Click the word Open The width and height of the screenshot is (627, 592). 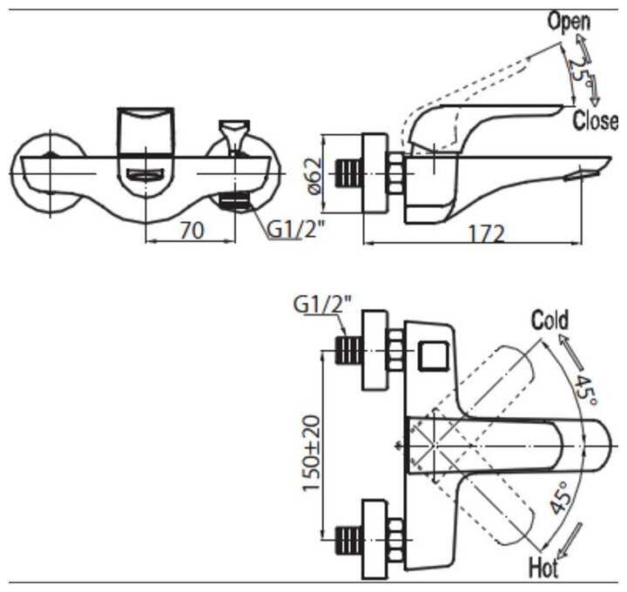tap(569, 22)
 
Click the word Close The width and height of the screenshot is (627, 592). tap(596, 121)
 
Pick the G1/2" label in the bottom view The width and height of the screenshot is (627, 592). tap(323, 305)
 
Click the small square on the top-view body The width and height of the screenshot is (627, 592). tap(433, 354)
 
